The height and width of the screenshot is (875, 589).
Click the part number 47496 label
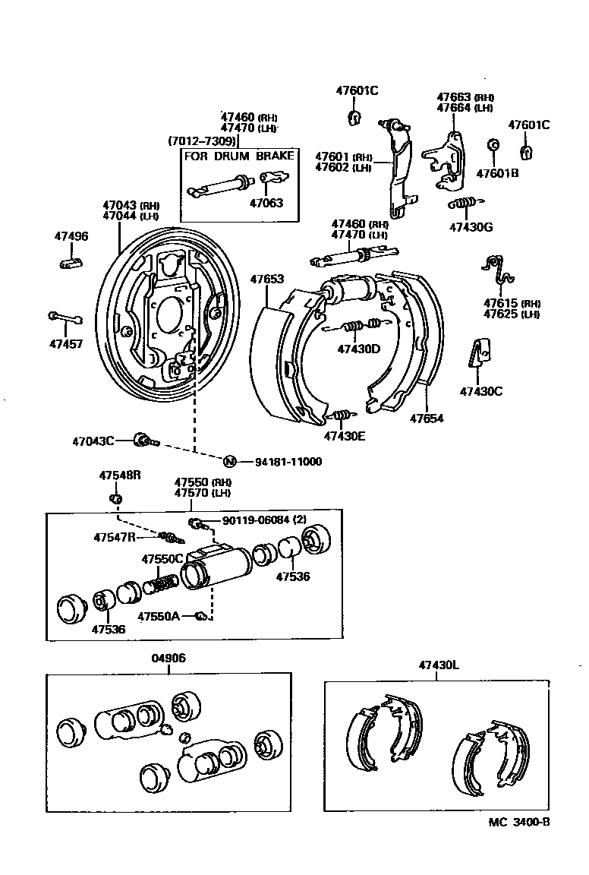[71, 236]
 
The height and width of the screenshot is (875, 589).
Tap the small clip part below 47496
[71, 264]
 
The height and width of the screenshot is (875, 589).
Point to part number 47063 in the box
[266, 203]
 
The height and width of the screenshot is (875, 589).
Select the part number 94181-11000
[288, 462]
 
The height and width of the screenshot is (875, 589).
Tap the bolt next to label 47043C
[143, 439]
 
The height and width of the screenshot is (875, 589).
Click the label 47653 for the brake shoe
[267, 280]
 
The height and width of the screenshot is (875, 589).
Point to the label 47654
[427, 418]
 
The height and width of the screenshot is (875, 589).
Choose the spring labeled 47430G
[462, 204]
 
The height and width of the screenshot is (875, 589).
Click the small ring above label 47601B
[492, 145]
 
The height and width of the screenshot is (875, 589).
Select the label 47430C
[480, 392]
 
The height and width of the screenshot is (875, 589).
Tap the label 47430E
[345, 436]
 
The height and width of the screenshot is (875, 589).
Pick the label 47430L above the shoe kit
[439, 665]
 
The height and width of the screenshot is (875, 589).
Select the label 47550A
[159, 617]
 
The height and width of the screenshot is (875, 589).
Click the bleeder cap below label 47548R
[116, 498]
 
